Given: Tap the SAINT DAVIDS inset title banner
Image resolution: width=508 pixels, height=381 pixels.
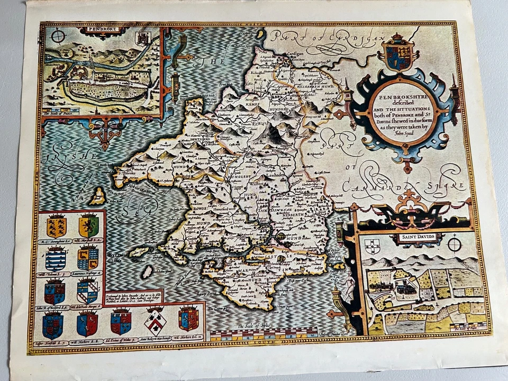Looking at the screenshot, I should pos(418,237).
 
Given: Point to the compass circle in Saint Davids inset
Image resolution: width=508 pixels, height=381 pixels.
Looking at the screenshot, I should pos(454,244).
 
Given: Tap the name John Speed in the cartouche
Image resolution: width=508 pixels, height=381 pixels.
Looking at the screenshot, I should pos(404,133).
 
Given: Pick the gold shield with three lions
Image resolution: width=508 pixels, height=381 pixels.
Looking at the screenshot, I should pos(56,226).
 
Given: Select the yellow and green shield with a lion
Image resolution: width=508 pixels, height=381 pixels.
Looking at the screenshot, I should pos(88,226).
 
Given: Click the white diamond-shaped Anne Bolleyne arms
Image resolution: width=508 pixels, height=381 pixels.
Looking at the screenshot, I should pos(155,320).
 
